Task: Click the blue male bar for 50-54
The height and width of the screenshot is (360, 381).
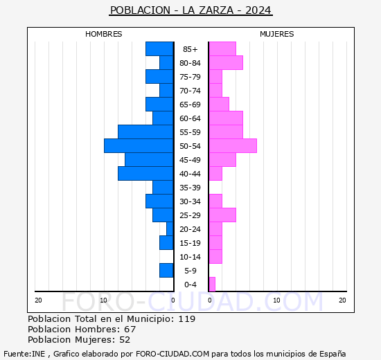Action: [x=139, y=145]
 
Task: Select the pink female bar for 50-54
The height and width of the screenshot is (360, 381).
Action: [x=233, y=145]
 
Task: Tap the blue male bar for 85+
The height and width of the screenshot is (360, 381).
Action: [x=159, y=48]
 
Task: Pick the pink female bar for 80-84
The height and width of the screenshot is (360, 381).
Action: [x=226, y=62]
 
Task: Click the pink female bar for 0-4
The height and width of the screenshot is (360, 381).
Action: [x=212, y=284]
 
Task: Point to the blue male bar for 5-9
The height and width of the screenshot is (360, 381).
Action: [x=166, y=270]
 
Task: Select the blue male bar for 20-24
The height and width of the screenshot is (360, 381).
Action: [x=170, y=228]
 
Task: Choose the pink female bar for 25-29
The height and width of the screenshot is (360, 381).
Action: [x=222, y=215]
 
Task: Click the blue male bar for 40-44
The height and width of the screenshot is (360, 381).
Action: [x=145, y=173]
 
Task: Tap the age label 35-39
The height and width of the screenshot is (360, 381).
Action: [x=190, y=188]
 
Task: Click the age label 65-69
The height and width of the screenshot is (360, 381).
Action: [x=190, y=105]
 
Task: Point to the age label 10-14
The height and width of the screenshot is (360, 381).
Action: [x=190, y=257]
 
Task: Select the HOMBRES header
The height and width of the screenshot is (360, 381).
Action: [x=104, y=34]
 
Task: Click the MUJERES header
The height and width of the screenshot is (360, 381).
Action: [x=277, y=34]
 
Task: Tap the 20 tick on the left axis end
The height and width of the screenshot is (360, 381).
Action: [x=38, y=300]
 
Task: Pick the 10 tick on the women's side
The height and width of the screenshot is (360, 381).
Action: [x=276, y=300]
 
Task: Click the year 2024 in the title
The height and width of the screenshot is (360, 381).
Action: [x=258, y=10]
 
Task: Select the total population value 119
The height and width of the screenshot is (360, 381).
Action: [x=186, y=319]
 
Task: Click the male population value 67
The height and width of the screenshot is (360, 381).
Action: [x=130, y=329]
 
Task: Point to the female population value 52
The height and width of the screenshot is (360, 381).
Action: [x=124, y=339]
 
